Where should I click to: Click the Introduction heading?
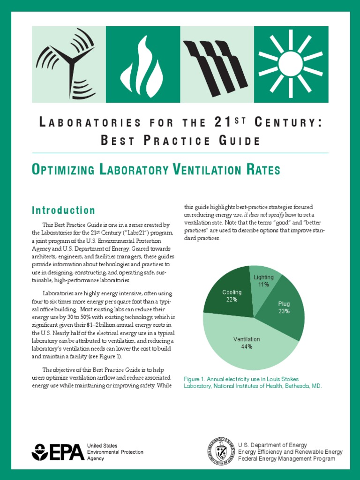[x=63, y=210]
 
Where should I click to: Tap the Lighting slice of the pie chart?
[x=263, y=280]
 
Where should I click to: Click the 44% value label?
[x=247, y=347]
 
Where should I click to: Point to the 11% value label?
[x=263, y=285]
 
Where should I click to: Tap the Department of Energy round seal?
[x=220, y=452]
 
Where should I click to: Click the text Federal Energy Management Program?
[x=286, y=459]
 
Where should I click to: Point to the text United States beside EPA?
[x=103, y=445]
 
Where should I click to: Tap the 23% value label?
[x=284, y=311]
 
